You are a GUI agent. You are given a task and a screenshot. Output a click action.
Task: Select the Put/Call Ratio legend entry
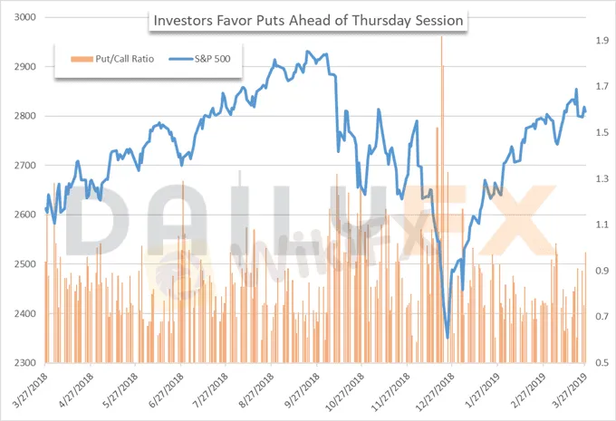(x=110, y=60)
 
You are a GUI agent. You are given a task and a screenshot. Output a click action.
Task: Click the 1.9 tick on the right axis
(x=601, y=41)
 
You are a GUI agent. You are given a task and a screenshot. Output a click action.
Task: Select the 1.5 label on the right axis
(x=601, y=133)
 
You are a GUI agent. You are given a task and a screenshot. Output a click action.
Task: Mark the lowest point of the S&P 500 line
(x=448, y=338)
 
